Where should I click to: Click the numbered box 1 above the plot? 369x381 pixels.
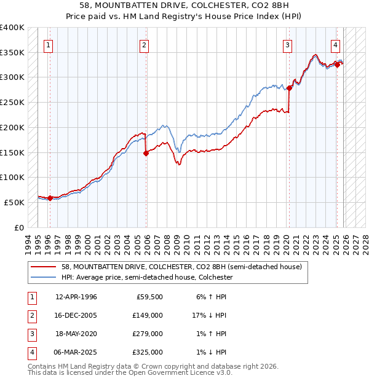pyautogui.click(x=48, y=44)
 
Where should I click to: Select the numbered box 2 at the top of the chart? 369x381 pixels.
pyautogui.click(x=143, y=44)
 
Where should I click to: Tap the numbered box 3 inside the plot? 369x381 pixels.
pyautogui.click(x=287, y=44)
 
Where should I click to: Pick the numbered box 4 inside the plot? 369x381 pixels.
pyautogui.click(x=335, y=44)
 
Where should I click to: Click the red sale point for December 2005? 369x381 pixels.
pyautogui.click(x=146, y=154)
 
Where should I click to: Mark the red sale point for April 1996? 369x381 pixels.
pyautogui.click(x=50, y=198)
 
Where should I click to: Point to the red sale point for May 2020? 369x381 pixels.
pyautogui.click(x=289, y=88)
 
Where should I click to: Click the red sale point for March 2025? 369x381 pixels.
pyautogui.click(x=337, y=65)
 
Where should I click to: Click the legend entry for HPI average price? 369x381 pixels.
pyautogui.click(x=146, y=278)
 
